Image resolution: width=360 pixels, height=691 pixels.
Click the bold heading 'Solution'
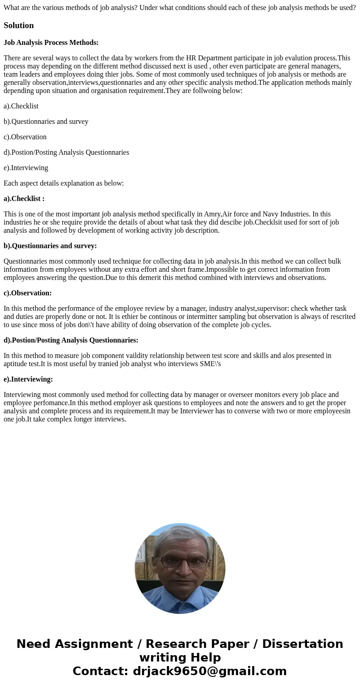[x=19, y=25]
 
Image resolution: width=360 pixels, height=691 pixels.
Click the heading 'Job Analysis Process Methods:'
[x=51, y=43]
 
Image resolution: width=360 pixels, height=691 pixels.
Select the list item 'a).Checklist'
[x=21, y=106]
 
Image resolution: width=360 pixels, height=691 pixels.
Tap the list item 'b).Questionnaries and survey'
[x=46, y=122]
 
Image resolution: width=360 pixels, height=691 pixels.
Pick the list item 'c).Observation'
[x=25, y=137]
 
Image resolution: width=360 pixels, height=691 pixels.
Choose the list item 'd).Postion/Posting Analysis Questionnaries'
[x=66, y=152]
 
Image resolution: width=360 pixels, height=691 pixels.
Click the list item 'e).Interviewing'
[x=26, y=168]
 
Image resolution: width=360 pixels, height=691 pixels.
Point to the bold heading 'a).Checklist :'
[x=24, y=199]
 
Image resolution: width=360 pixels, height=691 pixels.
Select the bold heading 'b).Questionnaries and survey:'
[x=50, y=246]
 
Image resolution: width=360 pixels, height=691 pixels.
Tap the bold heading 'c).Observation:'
[x=28, y=293]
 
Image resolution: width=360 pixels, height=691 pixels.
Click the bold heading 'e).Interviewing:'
[x=28, y=379]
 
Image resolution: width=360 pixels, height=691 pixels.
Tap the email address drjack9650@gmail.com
[x=209, y=671]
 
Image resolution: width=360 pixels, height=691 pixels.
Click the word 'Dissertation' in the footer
[x=302, y=644]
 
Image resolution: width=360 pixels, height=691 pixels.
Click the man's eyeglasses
[x=180, y=563]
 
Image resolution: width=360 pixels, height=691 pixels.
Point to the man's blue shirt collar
[x=180, y=598]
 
